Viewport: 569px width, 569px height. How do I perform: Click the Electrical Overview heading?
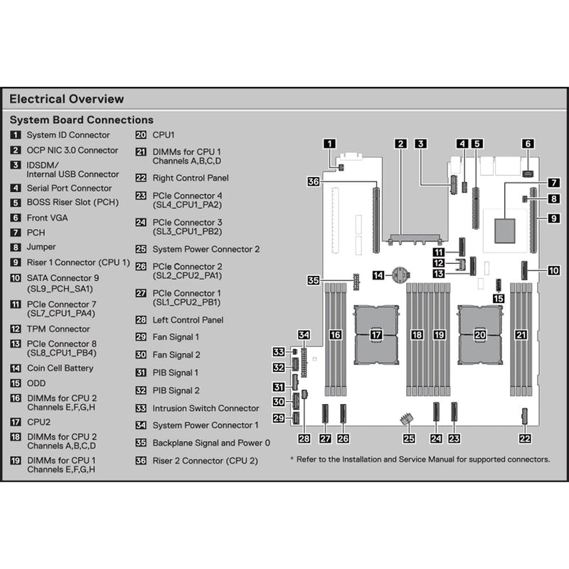point(66,99)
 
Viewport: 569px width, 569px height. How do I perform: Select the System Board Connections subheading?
point(81,120)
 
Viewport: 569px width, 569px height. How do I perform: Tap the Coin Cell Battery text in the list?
point(60,368)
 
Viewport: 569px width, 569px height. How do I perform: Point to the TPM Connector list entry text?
point(58,329)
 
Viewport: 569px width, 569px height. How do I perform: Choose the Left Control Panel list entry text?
point(188,320)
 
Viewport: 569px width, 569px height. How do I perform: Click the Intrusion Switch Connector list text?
point(206,408)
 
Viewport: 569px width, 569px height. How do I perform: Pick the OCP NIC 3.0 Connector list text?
point(73,150)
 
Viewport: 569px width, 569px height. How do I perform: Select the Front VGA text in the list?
point(48,218)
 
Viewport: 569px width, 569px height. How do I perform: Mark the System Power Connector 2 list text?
point(206,249)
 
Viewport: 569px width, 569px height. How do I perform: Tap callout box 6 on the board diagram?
point(527,144)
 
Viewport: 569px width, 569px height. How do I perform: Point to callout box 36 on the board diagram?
point(314,182)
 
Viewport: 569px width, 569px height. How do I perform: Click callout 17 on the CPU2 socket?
point(376,334)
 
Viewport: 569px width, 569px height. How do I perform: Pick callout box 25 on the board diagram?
point(409,438)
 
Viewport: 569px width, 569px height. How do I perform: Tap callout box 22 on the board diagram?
point(525,438)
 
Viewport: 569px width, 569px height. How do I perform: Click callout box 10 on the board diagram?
point(553,271)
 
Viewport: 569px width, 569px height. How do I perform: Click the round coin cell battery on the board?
point(403,274)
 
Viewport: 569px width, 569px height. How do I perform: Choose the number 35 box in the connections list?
point(141,442)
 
